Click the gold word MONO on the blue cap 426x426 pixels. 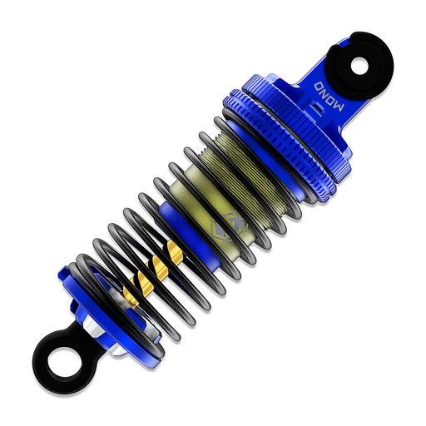(x=329, y=97)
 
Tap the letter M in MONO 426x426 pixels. (x=339, y=106)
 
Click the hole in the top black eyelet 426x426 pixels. (x=359, y=67)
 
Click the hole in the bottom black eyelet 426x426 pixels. (x=64, y=363)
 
